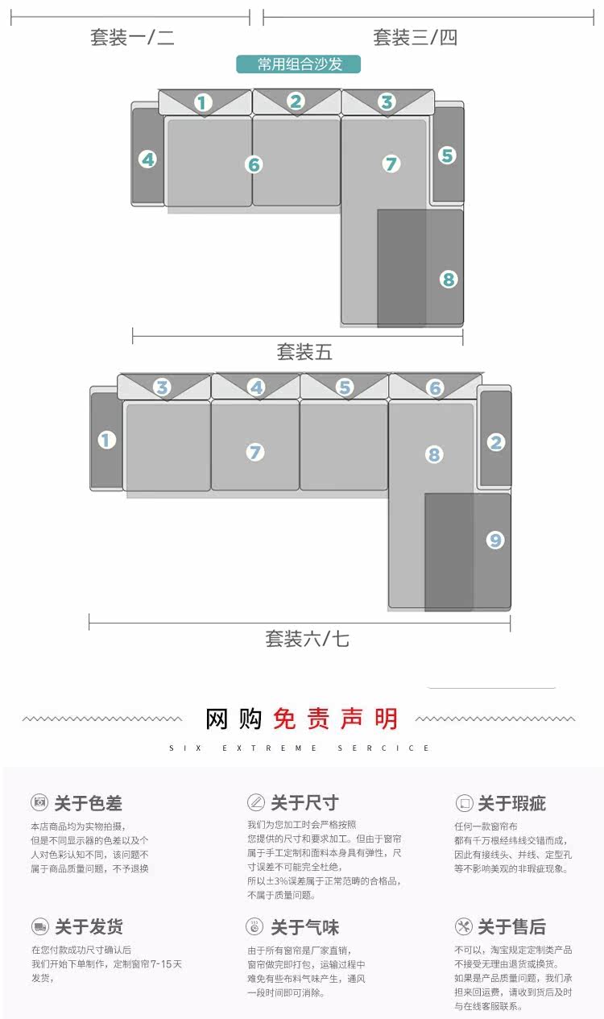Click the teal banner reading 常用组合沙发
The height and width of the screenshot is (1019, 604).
tap(299, 64)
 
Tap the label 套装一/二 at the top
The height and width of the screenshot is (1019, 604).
tap(132, 37)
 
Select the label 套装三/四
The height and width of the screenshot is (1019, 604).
tap(415, 37)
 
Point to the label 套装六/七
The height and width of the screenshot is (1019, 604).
tap(307, 639)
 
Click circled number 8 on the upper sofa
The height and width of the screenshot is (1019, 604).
tap(449, 280)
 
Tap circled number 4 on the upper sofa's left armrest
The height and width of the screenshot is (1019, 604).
tap(147, 159)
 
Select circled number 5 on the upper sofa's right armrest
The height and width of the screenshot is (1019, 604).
tap(448, 155)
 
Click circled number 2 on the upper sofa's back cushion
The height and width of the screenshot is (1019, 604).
tap(296, 101)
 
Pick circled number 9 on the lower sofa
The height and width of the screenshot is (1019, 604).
tap(495, 540)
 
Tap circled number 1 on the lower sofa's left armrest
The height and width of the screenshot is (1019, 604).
tap(107, 440)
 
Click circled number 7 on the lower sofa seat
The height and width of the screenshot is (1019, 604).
tap(255, 452)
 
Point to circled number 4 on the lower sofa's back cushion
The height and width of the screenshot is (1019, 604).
tap(256, 387)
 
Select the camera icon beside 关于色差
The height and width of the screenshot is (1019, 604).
tap(39, 802)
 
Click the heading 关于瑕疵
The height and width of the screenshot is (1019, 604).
tap(511, 803)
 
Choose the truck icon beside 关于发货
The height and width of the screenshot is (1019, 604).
tap(39, 926)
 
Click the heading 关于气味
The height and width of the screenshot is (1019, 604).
tap(304, 927)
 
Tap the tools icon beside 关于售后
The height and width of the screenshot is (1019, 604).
tap(463, 926)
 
